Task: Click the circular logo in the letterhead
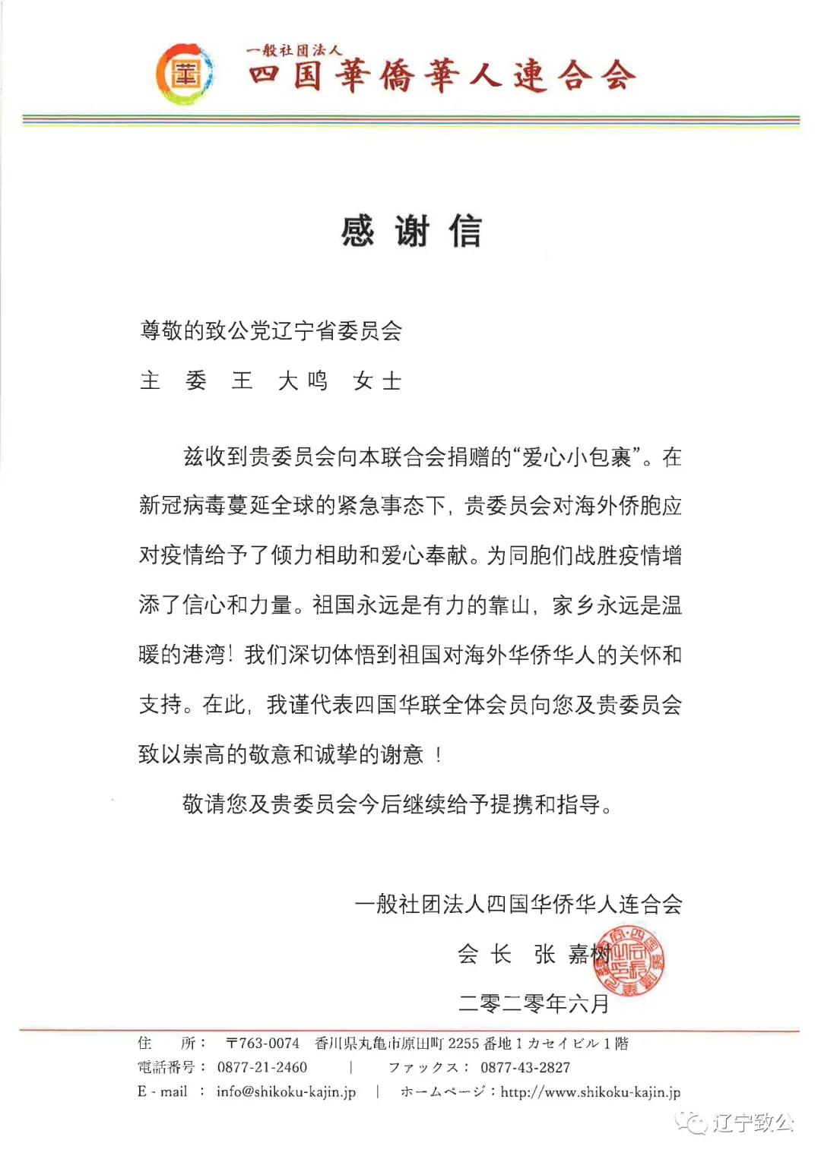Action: (185, 74)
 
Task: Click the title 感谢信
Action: (411, 231)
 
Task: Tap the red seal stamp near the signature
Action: (628, 961)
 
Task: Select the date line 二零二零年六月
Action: (534, 1004)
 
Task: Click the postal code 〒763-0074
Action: (263, 1044)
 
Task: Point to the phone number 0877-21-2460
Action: (262, 1067)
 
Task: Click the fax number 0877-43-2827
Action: (525, 1067)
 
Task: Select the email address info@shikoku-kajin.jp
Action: (286, 1091)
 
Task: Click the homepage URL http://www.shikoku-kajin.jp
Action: (591, 1091)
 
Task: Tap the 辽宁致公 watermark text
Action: (753, 1123)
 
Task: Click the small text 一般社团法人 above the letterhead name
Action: (293, 50)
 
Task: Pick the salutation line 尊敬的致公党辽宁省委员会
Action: (271, 330)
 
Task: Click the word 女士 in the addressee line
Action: (377, 381)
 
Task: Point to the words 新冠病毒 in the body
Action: (182, 506)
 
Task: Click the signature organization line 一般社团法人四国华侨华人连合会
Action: (518, 904)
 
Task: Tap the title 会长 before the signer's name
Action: (484, 954)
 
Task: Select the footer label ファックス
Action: (423, 1067)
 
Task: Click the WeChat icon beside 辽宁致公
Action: (693, 1123)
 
